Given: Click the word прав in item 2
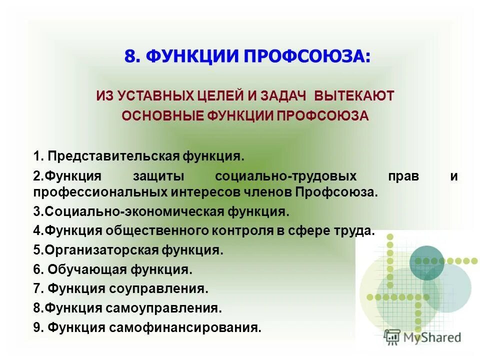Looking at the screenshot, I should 401,176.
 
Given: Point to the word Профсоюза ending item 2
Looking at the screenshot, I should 336,191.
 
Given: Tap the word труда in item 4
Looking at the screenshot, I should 356,230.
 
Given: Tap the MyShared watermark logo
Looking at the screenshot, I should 423,337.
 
